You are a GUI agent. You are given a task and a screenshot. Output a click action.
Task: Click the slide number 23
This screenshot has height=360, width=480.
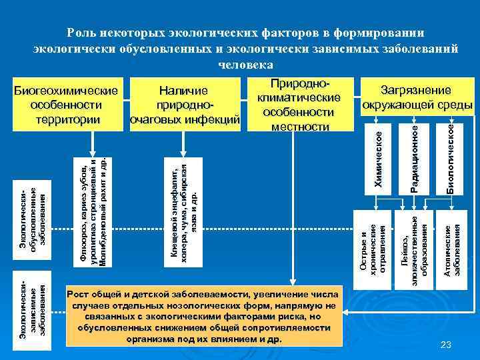click(x=447, y=344)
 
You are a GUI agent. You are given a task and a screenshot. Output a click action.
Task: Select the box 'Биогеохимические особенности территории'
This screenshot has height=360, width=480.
click(x=66, y=105)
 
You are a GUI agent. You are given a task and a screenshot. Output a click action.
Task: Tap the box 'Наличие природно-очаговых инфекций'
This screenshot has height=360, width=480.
click(x=183, y=105)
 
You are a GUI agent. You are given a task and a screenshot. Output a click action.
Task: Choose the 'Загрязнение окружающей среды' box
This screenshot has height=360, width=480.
click(x=416, y=97)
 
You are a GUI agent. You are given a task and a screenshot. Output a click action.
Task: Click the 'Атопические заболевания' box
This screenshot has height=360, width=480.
click(x=451, y=249)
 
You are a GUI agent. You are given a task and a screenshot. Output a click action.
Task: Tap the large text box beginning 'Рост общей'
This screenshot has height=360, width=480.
click(x=204, y=316)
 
